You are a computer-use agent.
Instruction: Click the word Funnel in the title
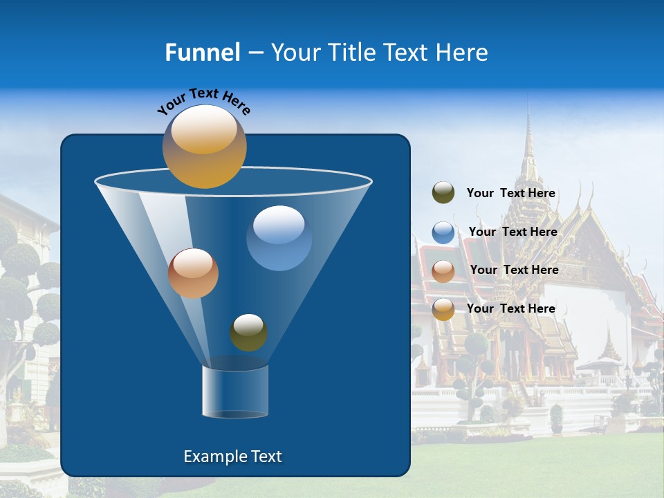tap(202, 53)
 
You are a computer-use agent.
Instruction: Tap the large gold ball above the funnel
tap(204, 146)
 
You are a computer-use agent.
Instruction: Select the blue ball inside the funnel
tap(279, 238)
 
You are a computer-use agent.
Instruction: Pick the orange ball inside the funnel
tap(193, 273)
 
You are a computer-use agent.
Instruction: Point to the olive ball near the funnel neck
tap(248, 332)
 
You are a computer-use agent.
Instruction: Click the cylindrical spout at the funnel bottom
tap(235, 391)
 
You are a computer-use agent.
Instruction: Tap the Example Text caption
tap(232, 456)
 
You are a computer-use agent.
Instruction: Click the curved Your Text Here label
tap(203, 101)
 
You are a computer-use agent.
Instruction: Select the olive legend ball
tap(443, 193)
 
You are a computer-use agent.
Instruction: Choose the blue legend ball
tap(443, 232)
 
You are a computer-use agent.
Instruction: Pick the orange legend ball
tap(443, 271)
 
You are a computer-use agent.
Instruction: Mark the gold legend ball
tap(443, 309)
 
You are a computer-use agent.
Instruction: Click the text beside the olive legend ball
tap(510, 194)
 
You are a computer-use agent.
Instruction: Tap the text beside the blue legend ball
tap(513, 232)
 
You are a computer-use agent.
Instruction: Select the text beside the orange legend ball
tap(514, 270)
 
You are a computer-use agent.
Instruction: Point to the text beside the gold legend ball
tap(510, 308)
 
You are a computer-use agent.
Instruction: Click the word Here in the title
tap(462, 53)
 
